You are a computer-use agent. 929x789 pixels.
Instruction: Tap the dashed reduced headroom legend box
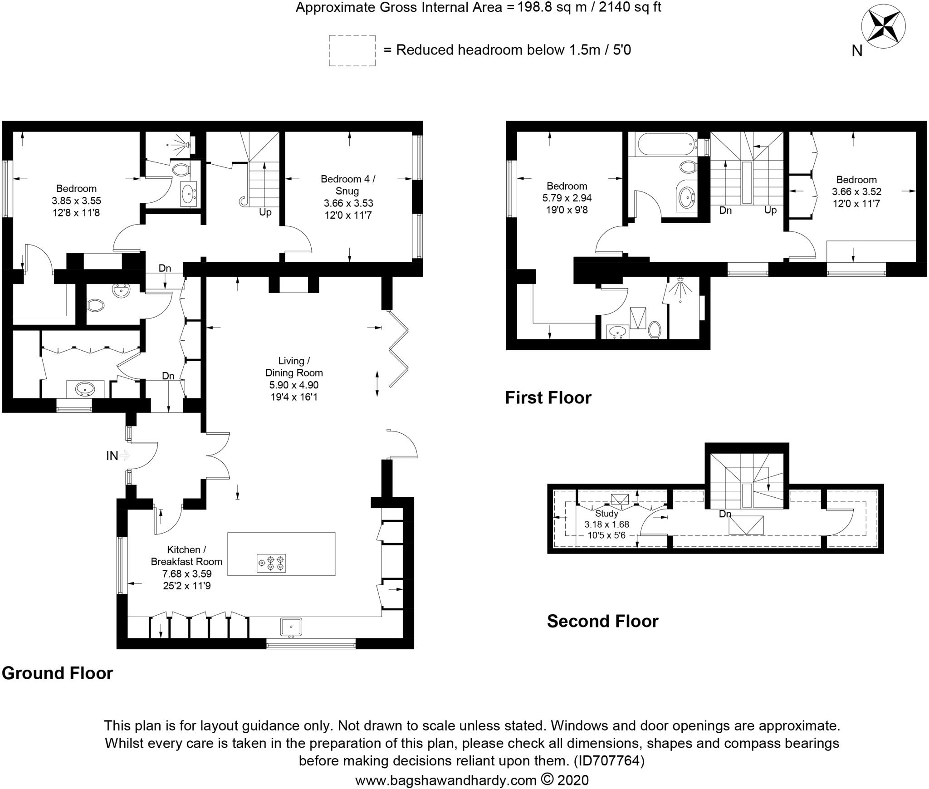[352, 50]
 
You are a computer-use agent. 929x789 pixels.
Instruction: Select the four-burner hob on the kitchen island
[271, 563]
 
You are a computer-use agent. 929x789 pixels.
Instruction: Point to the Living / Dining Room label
[294, 367]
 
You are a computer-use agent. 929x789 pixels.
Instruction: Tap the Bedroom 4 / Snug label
[348, 185]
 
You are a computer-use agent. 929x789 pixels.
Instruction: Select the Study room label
[606, 513]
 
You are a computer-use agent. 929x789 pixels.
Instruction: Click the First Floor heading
[548, 397]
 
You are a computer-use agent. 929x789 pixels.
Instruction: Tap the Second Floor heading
[602, 621]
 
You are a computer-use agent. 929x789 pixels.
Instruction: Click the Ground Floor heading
[57, 673]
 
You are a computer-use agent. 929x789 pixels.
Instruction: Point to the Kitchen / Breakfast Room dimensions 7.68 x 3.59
[186, 573]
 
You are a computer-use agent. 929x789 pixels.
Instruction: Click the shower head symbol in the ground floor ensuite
[186, 144]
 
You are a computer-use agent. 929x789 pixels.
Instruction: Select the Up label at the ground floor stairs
[265, 212]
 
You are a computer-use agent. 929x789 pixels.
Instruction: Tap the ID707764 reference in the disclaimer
[609, 760]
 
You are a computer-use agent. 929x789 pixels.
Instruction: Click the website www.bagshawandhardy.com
[445, 780]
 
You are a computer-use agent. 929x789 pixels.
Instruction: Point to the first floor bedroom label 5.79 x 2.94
[567, 198]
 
